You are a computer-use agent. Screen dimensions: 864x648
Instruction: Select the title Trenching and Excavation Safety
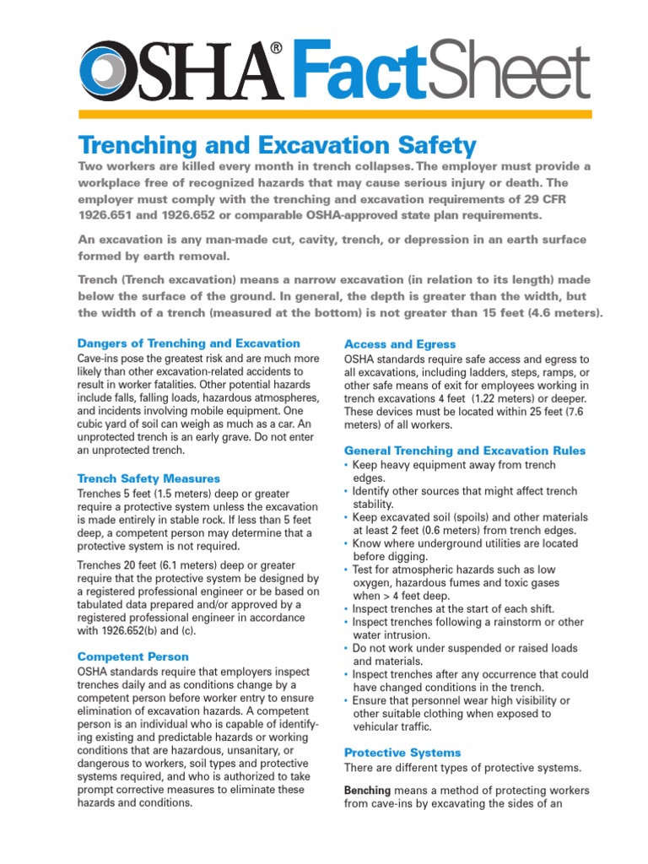(277, 144)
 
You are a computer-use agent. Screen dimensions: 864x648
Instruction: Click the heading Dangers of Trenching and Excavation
(188, 343)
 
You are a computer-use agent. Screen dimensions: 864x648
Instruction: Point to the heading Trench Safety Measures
(148, 478)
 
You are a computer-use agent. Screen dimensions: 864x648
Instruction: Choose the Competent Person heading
(132, 656)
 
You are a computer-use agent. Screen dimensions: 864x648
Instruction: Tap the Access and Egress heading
(400, 344)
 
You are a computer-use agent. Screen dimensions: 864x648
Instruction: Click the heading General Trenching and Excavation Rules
(465, 451)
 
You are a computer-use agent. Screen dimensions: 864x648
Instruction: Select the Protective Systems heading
(402, 752)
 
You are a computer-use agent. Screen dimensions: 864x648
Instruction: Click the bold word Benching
(367, 791)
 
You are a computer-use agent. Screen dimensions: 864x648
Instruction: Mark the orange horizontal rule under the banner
(335, 114)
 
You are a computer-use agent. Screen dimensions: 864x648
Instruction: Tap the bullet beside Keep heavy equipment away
(347, 466)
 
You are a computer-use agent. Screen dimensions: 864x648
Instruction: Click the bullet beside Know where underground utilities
(347, 544)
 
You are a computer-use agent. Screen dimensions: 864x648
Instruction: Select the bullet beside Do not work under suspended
(347, 649)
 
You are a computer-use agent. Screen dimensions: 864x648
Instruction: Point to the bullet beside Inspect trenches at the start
(347, 609)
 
